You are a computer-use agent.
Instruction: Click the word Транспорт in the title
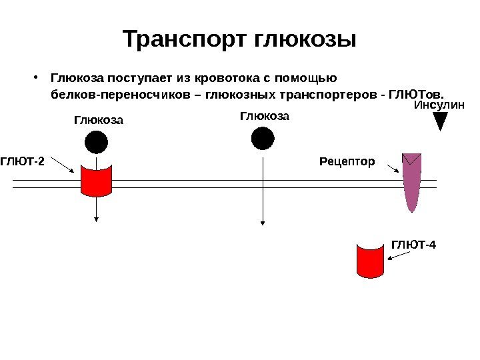[x=186, y=39]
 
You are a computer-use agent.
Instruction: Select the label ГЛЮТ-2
[x=22, y=161]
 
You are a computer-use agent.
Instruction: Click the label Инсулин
[x=439, y=105]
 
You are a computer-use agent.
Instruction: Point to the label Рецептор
[x=347, y=161]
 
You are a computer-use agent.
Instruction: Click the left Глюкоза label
[x=99, y=121]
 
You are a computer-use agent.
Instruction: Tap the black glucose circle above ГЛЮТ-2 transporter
[x=96, y=143]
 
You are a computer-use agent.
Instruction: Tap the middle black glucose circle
[x=263, y=139]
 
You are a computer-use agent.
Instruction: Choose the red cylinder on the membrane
[x=96, y=178]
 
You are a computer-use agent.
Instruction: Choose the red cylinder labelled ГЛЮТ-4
[x=371, y=260]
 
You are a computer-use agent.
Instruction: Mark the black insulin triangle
[x=440, y=121]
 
